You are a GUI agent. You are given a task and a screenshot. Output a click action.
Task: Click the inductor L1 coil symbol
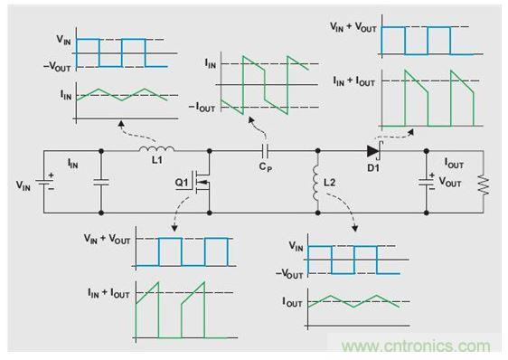[x=156, y=149]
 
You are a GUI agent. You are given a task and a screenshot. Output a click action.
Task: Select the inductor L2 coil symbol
[x=315, y=183]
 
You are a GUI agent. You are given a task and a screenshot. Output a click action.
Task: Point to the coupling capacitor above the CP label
[x=266, y=151]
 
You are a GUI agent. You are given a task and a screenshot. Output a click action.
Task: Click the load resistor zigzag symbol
[x=484, y=185]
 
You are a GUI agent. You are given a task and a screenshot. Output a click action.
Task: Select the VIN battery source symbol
[x=44, y=184]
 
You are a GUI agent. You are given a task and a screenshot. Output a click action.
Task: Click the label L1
[x=156, y=160]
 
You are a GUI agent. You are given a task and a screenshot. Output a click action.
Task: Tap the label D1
[x=373, y=168]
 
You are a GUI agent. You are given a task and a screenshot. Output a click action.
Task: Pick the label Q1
[x=182, y=183]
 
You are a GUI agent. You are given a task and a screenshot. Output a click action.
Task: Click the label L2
[x=330, y=183]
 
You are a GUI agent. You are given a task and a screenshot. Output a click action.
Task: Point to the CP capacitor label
[x=266, y=167]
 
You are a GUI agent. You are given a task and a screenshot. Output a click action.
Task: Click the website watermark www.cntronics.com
[x=416, y=346]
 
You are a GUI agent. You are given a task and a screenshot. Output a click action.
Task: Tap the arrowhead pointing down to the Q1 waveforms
[x=174, y=228]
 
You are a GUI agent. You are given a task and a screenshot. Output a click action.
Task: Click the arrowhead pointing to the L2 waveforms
[x=355, y=228]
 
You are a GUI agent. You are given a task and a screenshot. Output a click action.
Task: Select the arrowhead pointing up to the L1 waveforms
[x=121, y=124]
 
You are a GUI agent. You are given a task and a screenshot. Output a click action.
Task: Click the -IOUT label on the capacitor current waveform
[x=202, y=108]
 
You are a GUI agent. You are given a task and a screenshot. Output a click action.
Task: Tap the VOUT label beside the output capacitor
[x=449, y=182]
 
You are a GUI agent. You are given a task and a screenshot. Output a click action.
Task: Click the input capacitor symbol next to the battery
[x=101, y=182]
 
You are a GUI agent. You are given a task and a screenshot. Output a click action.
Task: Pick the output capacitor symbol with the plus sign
[x=427, y=182]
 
